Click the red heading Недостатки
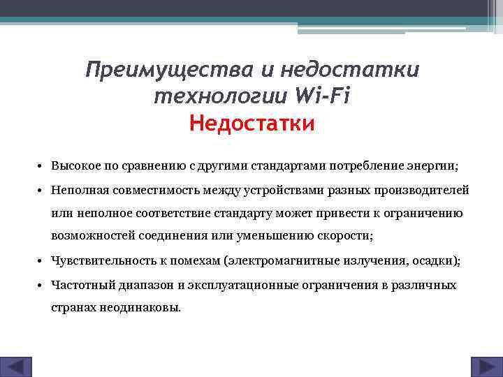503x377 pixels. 252,124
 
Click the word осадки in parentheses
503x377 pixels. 435,261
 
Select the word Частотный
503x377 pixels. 79,285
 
